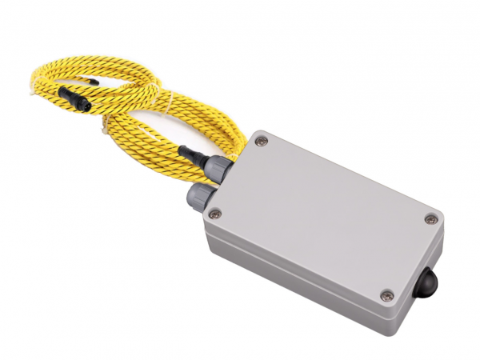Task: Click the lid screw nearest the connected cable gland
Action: tap(262, 142)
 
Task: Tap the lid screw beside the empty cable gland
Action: tap(214, 213)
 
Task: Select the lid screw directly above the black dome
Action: tap(431, 219)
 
